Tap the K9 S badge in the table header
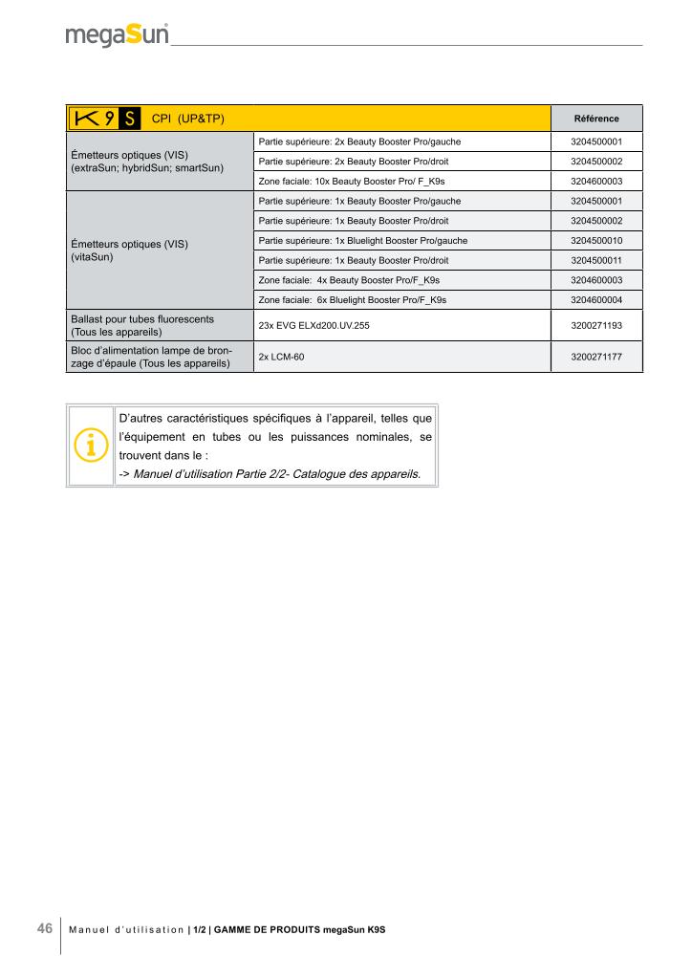pos(105,119)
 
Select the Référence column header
pos(595,119)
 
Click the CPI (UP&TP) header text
pos(188,119)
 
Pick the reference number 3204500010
pos(595,240)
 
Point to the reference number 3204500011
pos(595,260)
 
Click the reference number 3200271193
pos(595,326)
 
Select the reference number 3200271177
pos(595,357)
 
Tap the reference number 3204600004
pos(595,300)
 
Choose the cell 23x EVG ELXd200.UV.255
pos(313,326)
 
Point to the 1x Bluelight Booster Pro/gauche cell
pos(363,240)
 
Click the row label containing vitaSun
pos(130,250)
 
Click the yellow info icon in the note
pos(90,446)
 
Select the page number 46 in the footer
pos(44,928)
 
